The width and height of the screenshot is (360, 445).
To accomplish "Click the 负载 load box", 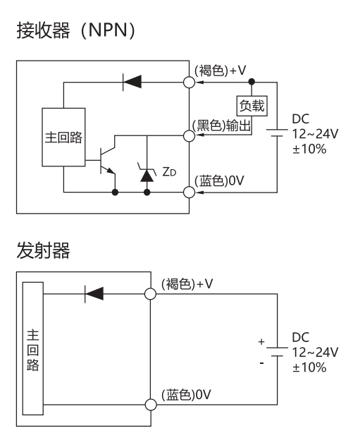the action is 252,106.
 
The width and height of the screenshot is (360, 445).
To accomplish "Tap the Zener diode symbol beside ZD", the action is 147,173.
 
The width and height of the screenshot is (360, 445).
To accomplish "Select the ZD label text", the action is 169,171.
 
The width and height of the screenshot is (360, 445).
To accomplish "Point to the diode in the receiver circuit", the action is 132,83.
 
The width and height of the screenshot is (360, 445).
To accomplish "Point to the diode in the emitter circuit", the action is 94,294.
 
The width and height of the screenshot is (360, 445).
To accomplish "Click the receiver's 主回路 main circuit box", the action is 63,137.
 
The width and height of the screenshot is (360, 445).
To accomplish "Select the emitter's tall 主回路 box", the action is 33,348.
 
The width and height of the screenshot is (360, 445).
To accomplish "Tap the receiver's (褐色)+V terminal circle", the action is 189,83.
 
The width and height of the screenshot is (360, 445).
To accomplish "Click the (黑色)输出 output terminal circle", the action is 189,135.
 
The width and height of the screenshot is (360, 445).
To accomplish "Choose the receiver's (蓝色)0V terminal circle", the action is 189,192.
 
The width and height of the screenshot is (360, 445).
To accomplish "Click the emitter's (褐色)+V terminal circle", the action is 150,294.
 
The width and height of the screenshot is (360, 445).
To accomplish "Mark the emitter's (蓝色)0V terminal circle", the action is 151,404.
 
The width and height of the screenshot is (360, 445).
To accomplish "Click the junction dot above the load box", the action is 252,82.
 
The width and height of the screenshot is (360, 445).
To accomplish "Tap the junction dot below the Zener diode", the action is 147,193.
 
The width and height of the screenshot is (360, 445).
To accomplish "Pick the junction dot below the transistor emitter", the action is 115,193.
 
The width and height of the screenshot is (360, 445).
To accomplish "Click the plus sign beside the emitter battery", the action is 261,342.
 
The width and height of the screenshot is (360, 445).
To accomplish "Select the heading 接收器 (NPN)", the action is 75,30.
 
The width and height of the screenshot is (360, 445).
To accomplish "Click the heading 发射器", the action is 43,250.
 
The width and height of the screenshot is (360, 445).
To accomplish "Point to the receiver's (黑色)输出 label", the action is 222,125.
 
